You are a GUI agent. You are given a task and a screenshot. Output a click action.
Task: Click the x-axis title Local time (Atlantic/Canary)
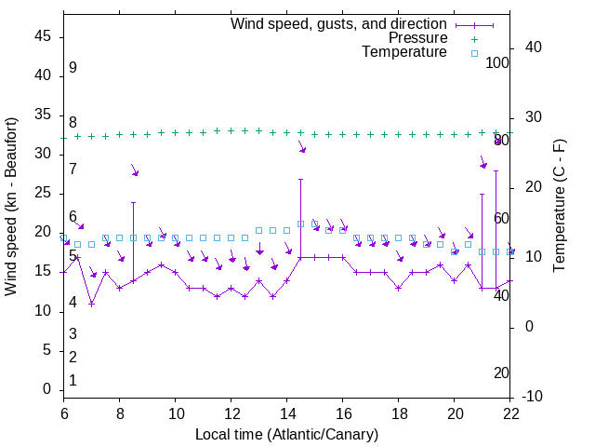point(286,434)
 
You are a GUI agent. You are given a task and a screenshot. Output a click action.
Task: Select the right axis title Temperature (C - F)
point(559,206)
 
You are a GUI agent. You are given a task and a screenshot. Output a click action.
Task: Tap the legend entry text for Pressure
point(417,38)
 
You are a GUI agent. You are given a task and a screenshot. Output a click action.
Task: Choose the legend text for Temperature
point(404,53)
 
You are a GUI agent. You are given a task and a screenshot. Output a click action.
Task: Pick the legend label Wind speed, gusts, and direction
point(338,23)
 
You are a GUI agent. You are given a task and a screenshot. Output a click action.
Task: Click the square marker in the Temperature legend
point(474,53)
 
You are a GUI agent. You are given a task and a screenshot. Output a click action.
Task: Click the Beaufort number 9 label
point(73,68)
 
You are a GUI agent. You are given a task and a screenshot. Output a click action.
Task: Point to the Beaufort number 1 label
point(73,381)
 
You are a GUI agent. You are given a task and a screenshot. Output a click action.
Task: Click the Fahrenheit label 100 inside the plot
point(498,63)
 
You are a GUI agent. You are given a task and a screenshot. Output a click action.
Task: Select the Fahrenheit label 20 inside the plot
point(501,373)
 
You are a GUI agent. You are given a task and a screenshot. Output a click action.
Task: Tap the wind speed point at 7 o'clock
point(92,304)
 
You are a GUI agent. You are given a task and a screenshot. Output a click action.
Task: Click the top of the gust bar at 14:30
point(301,179)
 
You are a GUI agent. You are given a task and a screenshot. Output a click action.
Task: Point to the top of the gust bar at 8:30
point(134,202)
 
